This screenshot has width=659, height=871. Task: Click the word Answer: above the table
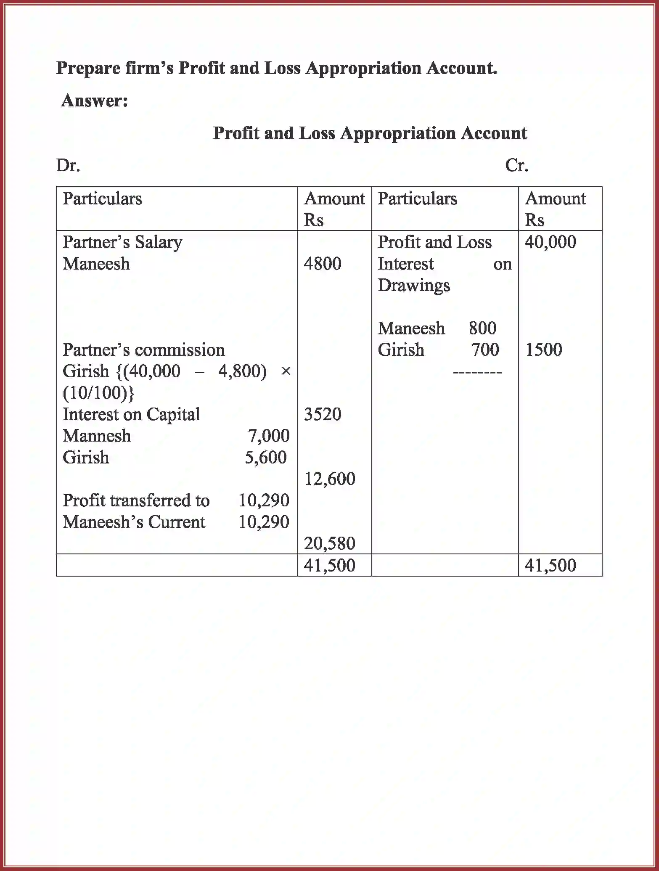point(95,101)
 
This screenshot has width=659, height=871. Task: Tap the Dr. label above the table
point(68,166)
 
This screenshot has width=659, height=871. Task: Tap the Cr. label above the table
point(516,166)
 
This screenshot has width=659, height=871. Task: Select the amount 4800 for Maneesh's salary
point(323,264)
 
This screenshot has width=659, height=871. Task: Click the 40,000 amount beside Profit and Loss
point(550,242)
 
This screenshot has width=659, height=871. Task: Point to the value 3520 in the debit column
point(323,415)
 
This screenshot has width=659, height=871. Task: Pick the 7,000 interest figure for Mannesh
point(269,436)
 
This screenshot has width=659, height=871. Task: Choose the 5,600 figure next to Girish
point(266,458)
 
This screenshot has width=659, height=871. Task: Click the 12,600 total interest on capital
point(330,479)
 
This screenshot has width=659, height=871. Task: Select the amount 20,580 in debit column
point(330,544)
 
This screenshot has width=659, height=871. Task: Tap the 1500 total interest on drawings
point(543,350)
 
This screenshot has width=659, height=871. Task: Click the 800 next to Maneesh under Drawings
point(482,328)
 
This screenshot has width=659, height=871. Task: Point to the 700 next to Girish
point(485,350)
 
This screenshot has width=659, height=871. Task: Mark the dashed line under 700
point(477,373)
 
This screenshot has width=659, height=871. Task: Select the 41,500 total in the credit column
point(550,565)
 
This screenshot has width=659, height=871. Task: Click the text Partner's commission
point(144,350)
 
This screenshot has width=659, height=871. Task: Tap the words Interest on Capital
point(131,415)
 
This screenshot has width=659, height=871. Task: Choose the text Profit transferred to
point(136,500)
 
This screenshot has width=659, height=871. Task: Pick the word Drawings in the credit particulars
point(414,286)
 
